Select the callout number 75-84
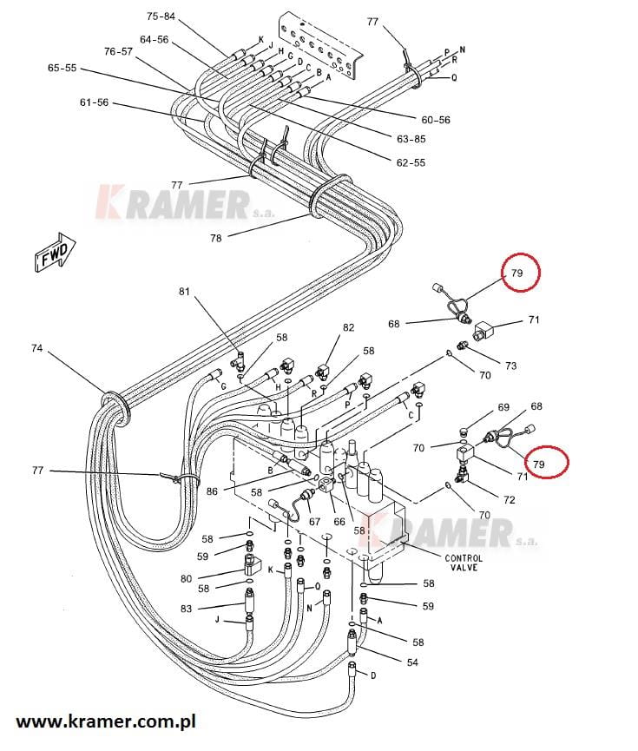coord(161,16)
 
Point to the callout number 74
coord(36,348)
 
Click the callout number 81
coord(183,292)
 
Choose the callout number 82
coord(349,327)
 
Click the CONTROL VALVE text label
coord(464,563)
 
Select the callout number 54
coord(412,662)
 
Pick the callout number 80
coord(186,578)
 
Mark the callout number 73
coord(510,366)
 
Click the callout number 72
coord(509,500)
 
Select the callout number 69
coord(503,406)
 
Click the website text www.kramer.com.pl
coord(106,721)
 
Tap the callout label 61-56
coord(94,102)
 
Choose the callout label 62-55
coord(411,162)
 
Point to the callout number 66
coord(339,522)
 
